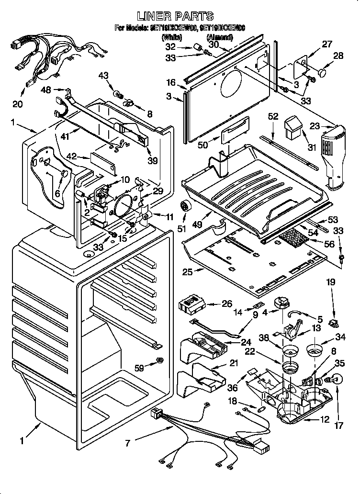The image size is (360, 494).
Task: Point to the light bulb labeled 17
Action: pos(336,380)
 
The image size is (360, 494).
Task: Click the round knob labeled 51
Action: pos(185,206)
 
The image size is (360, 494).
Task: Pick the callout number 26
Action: pos(226,303)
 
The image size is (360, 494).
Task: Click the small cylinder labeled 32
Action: pos(196,46)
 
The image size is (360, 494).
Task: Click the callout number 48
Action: pos(46,90)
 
